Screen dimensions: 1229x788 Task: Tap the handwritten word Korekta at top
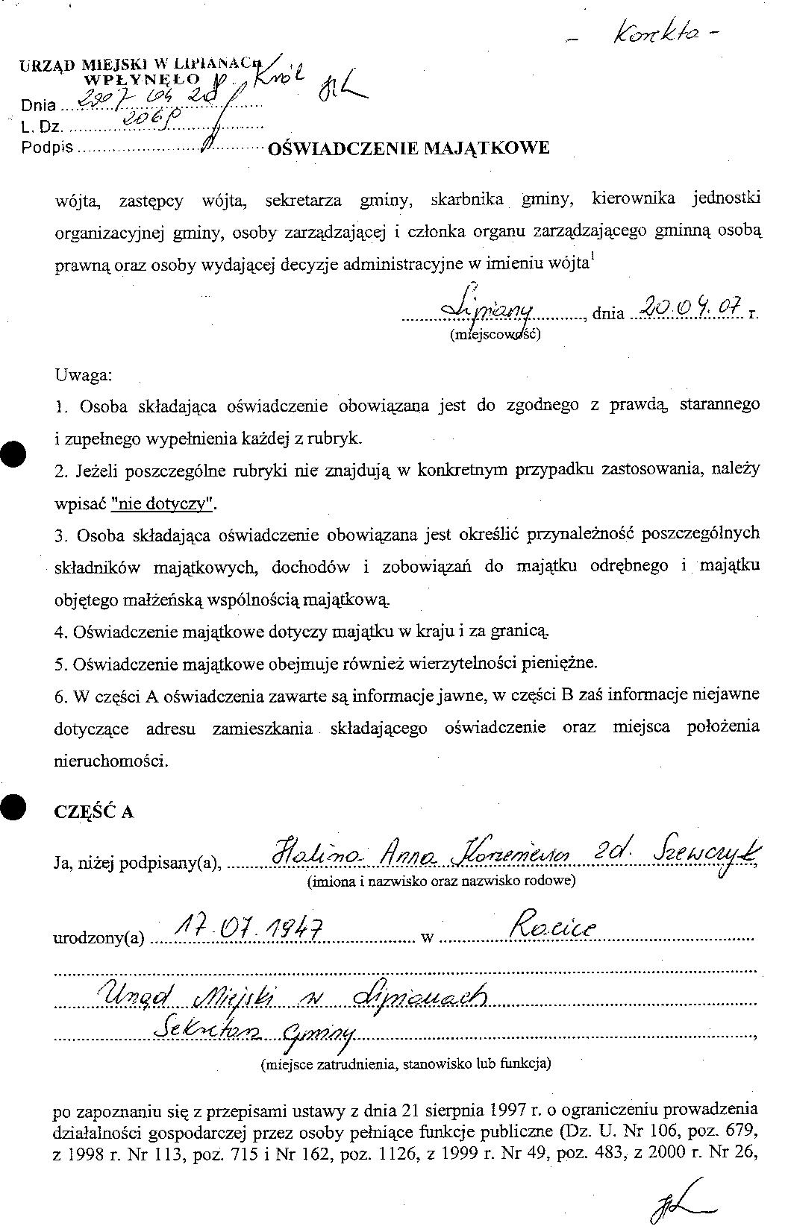(x=663, y=34)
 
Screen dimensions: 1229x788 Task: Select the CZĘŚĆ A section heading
(x=94, y=812)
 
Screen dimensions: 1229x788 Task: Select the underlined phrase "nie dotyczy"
(x=163, y=503)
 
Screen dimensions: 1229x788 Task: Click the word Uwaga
(x=83, y=374)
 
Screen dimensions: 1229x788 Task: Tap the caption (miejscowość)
(x=495, y=333)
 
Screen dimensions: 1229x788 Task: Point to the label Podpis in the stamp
(x=48, y=147)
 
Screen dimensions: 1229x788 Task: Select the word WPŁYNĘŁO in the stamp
(x=142, y=79)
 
